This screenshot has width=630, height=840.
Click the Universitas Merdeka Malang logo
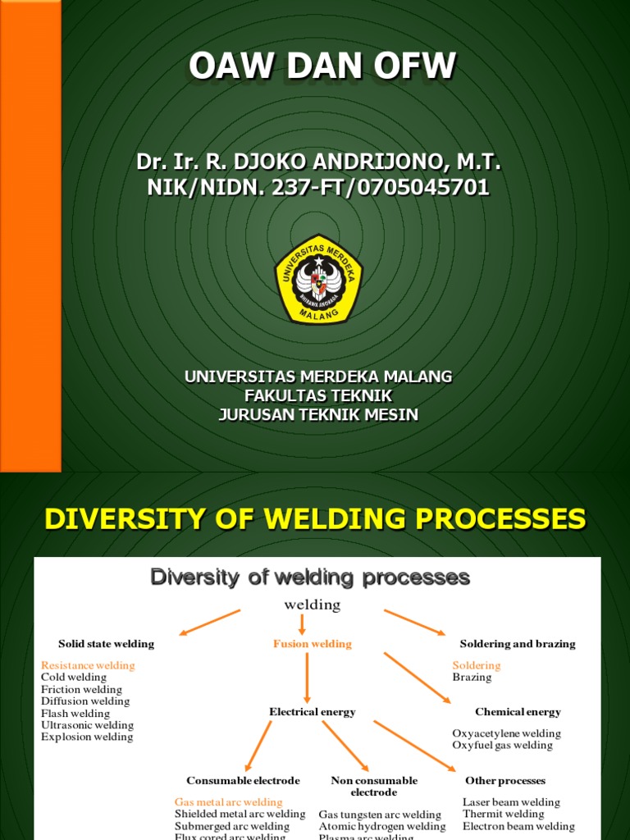(x=318, y=280)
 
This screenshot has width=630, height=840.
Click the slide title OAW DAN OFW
(x=322, y=67)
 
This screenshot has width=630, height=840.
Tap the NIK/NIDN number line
(x=318, y=188)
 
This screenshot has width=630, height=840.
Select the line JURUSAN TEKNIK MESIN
(x=318, y=414)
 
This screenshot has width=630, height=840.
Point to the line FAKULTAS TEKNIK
(x=318, y=395)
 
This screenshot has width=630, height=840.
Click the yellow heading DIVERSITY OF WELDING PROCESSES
(x=315, y=518)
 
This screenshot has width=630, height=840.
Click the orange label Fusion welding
(x=312, y=644)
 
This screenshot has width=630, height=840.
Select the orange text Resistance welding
(x=88, y=665)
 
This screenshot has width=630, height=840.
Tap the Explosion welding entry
(x=87, y=737)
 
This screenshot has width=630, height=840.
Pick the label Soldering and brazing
(x=518, y=644)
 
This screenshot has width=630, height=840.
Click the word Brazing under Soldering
(x=472, y=678)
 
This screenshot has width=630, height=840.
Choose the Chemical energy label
(x=518, y=712)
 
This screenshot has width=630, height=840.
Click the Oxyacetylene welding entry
(x=506, y=733)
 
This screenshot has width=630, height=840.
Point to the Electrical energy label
(x=312, y=712)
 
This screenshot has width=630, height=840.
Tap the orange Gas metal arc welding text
(x=228, y=802)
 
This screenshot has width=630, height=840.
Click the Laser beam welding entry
(x=511, y=802)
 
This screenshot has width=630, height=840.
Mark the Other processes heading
(x=504, y=780)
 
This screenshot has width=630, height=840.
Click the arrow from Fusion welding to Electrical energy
(x=307, y=677)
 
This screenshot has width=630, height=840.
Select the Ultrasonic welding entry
(x=87, y=725)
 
